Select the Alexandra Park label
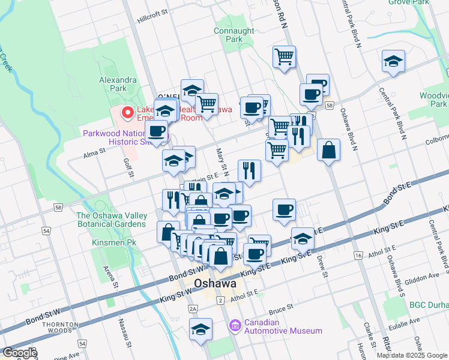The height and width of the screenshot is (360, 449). [x=118, y=83]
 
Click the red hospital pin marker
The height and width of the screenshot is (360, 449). [x=127, y=112]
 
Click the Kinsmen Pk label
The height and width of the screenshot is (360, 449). [x=111, y=242]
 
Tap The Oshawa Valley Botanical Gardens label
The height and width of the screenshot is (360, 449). [x=111, y=220]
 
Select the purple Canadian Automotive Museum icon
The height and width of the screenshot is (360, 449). [x=235, y=326]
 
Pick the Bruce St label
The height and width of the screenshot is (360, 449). [x=280, y=308]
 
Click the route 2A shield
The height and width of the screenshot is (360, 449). [x=193, y=308]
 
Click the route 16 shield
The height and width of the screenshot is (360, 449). [x=358, y=256]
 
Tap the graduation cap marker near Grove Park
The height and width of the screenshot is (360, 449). [x=393, y=62]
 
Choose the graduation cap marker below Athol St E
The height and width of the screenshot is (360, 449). [x=200, y=329]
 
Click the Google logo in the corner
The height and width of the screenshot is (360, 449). [x=19, y=353]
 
